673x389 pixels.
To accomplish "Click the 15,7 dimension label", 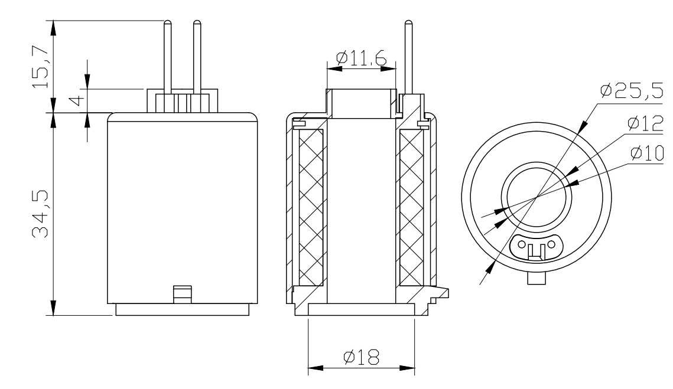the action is click(41, 67).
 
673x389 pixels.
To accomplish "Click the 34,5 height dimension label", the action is click(41, 214).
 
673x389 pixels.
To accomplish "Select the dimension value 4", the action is click(77, 101).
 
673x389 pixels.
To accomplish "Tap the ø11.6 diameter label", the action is click(362, 58).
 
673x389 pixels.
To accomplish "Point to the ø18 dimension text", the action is click(362, 357).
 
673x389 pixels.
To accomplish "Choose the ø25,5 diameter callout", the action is click(632, 90).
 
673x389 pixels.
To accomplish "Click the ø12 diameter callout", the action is click(645, 123).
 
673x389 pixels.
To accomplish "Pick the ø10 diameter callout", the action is click(647, 153).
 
